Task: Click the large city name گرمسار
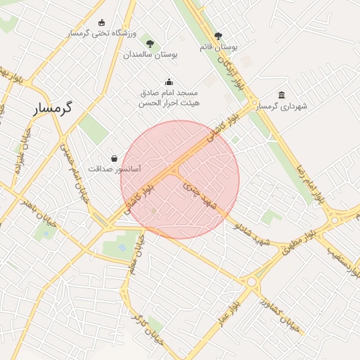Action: click(56, 109)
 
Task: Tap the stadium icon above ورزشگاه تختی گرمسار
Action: click(102, 23)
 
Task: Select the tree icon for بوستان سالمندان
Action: click(150, 44)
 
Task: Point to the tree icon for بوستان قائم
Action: click(218, 36)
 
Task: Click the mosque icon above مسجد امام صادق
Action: click(168, 82)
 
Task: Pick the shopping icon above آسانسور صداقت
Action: click(115, 159)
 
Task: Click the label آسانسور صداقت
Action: click(115, 169)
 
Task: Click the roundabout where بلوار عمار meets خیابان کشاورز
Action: click(251, 282)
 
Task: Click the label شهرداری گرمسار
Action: click(283, 107)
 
